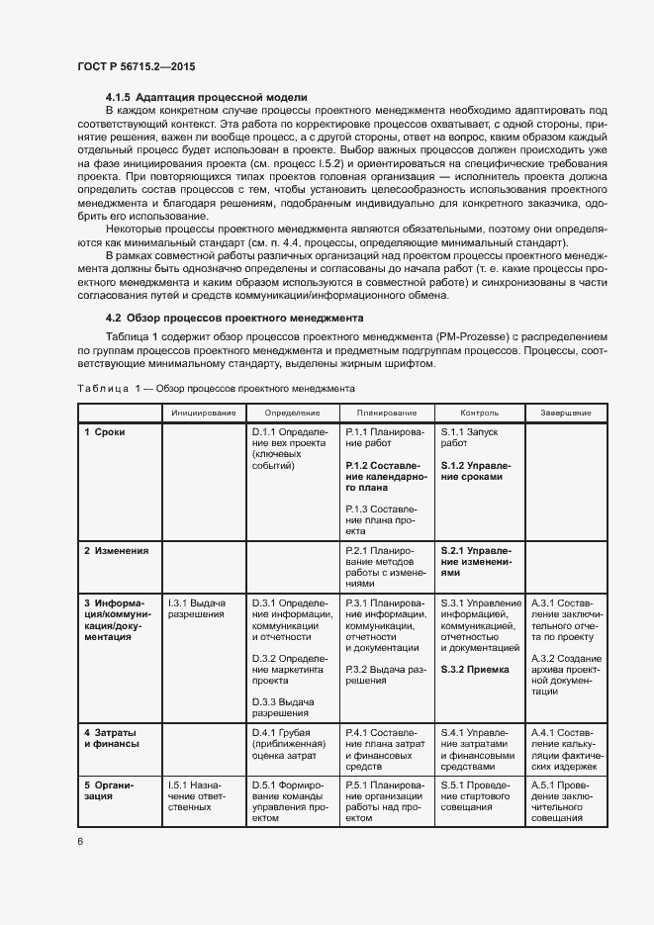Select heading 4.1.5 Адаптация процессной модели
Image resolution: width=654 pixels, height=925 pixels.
click(x=206, y=97)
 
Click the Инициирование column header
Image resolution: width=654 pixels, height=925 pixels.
click(x=203, y=412)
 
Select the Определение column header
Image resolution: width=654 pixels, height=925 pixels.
click(x=293, y=412)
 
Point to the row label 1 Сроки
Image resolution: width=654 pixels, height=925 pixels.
click(x=105, y=432)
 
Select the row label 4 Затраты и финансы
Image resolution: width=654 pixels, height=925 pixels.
click(x=111, y=737)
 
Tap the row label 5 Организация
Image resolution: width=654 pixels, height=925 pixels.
click(x=108, y=791)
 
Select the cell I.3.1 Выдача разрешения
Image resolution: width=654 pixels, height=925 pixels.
click(x=197, y=608)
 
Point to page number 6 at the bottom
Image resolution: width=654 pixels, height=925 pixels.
click(x=80, y=841)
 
